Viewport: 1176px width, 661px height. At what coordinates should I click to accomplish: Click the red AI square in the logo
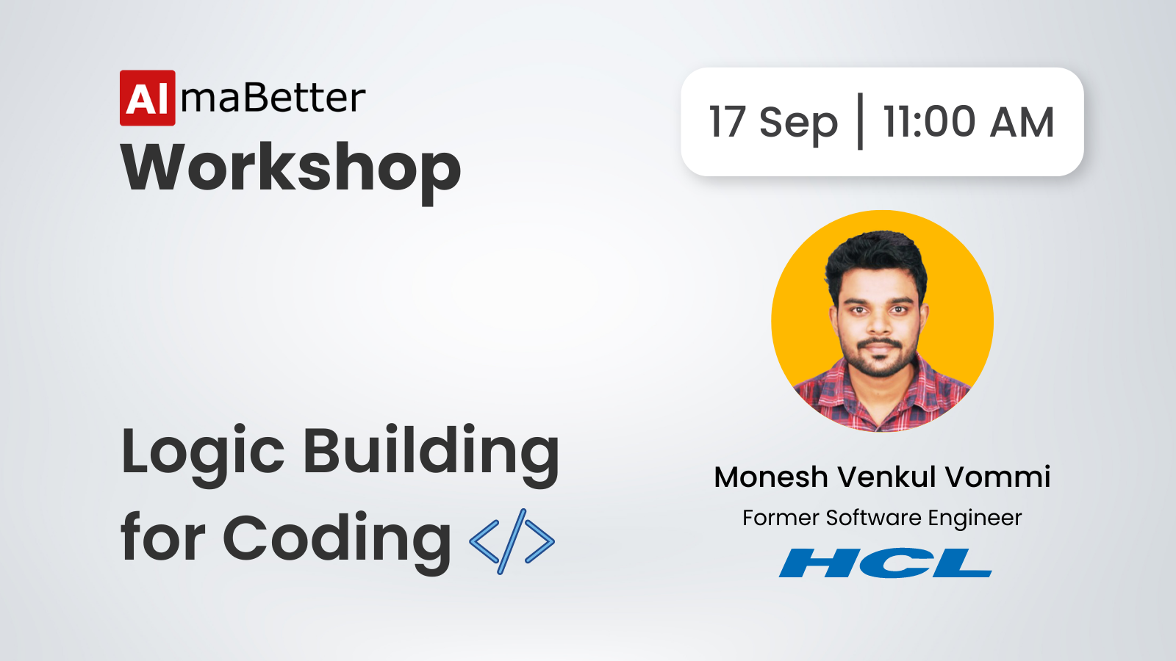[148, 98]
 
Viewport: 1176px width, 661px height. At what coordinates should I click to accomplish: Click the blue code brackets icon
[512, 541]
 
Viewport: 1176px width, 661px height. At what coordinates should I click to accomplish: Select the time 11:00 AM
[969, 122]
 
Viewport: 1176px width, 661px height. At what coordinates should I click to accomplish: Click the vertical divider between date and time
[860, 122]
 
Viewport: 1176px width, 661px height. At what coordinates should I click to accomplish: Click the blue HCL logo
[885, 563]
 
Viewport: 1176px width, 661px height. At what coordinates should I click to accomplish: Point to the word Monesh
[771, 477]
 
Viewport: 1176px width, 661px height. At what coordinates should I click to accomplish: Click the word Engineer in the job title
[975, 519]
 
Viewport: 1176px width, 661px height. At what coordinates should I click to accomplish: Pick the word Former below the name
[780, 519]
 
